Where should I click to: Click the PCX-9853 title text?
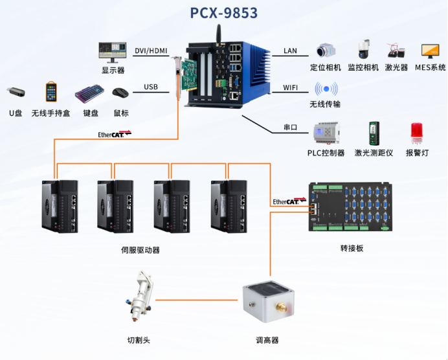224,13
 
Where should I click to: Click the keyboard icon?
89,95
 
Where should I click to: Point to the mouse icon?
120,93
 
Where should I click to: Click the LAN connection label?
290,51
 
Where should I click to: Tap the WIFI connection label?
291,87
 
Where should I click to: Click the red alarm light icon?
417,133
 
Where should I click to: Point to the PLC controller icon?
326,133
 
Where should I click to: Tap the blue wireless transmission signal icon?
326,89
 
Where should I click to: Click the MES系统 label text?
430,67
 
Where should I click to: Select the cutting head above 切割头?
142,298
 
